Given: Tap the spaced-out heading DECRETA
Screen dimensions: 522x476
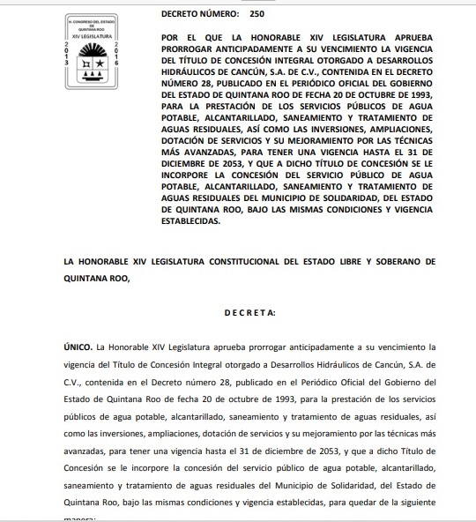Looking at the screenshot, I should tap(250, 312).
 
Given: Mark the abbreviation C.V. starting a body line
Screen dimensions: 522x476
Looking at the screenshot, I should tap(72, 383).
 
